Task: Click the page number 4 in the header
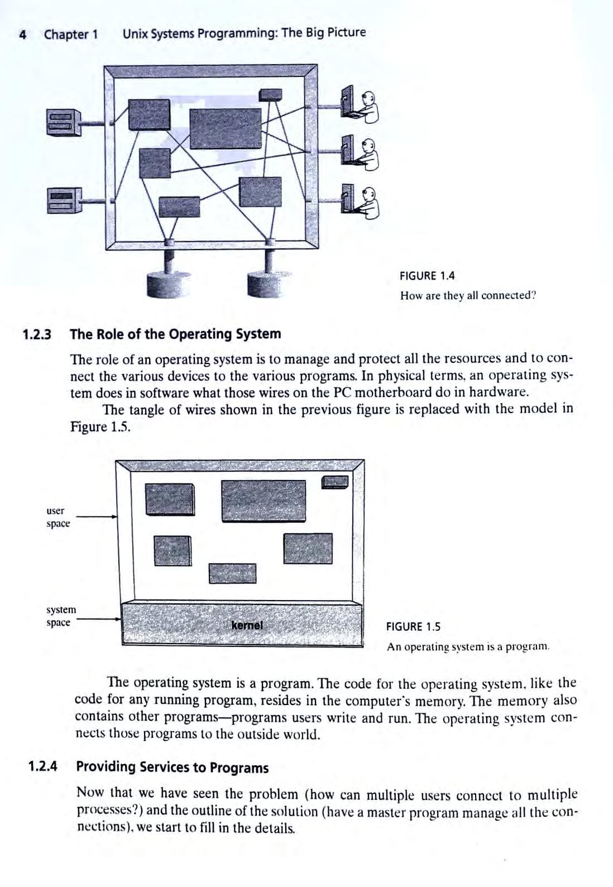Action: coord(23,35)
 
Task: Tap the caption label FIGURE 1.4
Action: coord(427,276)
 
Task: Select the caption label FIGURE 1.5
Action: coord(413,627)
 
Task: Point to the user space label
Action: coord(58,517)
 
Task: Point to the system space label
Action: coord(61,616)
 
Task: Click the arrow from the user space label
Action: coord(95,517)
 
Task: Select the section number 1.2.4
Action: coord(43,766)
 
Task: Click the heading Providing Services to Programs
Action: coord(172,768)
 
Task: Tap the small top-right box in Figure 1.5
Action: coord(335,482)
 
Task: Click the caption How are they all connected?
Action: coord(468,295)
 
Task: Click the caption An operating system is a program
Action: coord(468,648)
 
